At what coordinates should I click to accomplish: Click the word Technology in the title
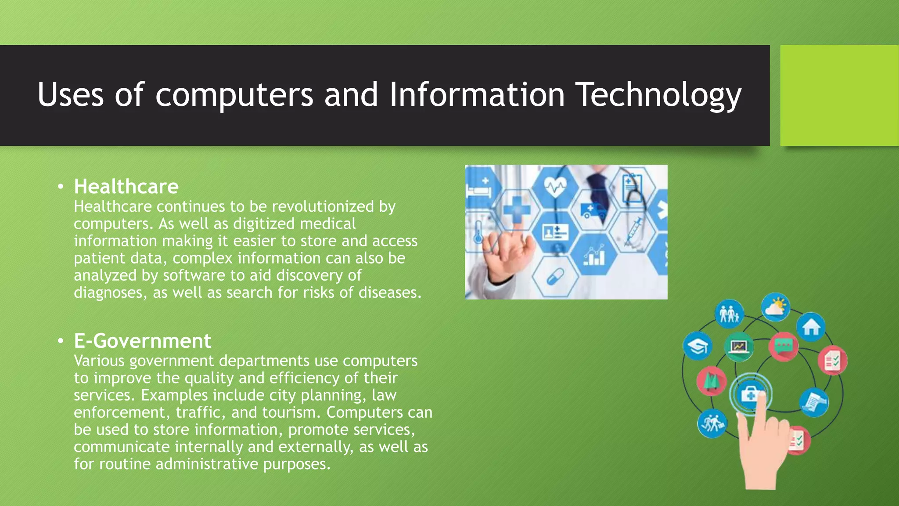[x=658, y=95]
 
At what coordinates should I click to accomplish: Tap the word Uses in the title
[x=70, y=95]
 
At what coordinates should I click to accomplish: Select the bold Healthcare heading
[x=126, y=187]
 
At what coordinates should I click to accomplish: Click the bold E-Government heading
[x=142, y=341]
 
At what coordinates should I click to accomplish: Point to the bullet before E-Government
[x=61, y=341]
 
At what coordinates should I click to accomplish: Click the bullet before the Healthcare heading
[x=61, y=187]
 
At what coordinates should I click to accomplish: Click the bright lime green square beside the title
[x=839, y=95]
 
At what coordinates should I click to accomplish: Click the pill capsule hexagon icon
[x=556, y=277]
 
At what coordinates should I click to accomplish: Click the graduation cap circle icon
[x=698, y=347]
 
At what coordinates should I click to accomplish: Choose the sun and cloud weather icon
[x=775, y=307]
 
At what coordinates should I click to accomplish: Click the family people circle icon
[x=729, y=314]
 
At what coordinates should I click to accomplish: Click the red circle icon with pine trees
[x=711, y=380]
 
